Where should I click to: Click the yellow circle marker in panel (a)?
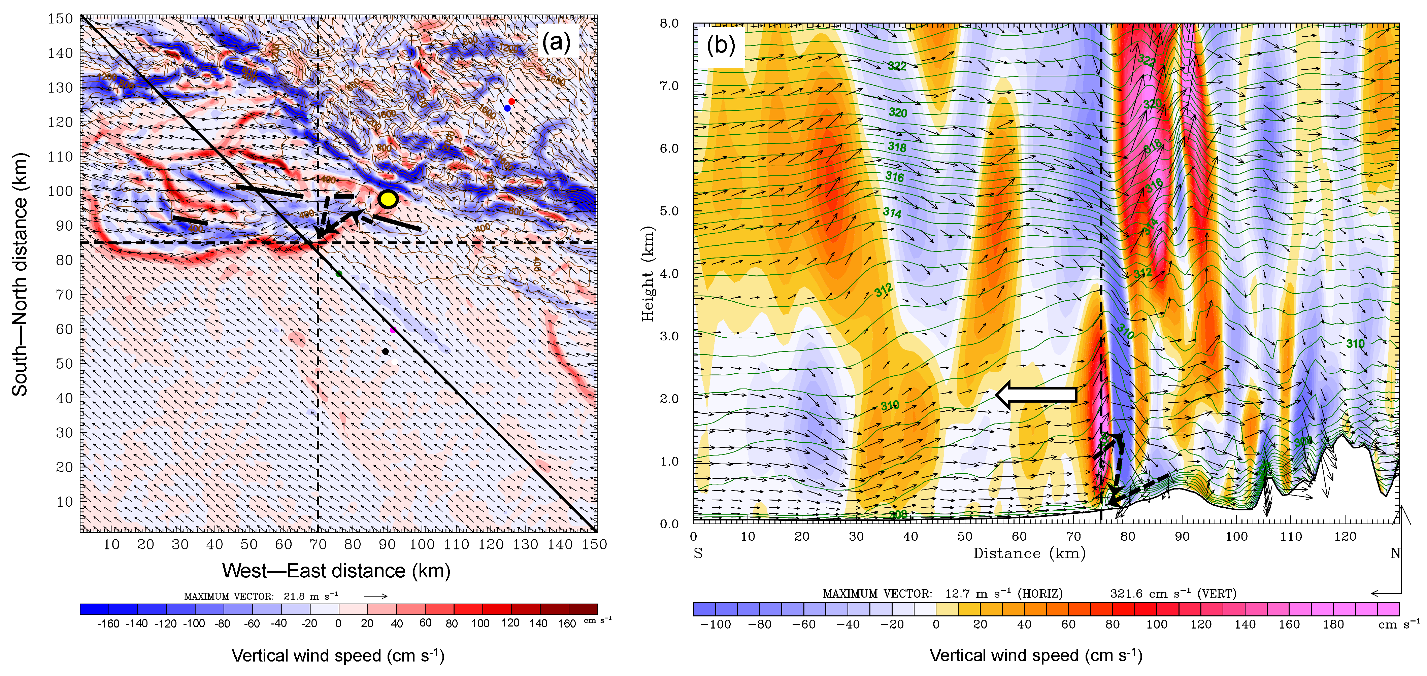coord(388,199)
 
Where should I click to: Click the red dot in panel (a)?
coord(512,101)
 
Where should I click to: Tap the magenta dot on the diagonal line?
coord(393,330)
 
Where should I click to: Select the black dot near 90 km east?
coord(385,351)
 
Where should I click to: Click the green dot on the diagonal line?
coord(339,273)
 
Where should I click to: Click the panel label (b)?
coord(721,45)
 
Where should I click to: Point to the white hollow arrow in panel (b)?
coord(1036,394)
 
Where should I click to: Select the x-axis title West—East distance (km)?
coord(336,570)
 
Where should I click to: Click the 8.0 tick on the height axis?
coord(669,23)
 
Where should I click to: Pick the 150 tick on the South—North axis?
coord(60,19)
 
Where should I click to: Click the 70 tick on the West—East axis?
coord(318,545)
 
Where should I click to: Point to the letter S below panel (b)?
coord(698,553)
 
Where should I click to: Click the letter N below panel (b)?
coord(1395,553)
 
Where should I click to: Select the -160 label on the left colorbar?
coord(108,623)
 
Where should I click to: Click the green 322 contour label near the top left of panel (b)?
coord(897,66)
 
